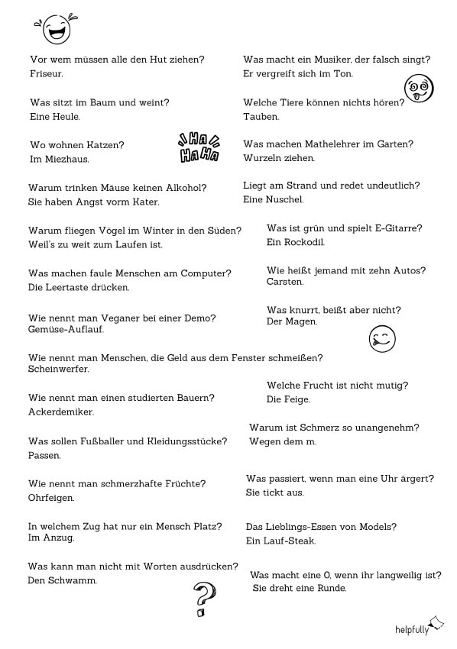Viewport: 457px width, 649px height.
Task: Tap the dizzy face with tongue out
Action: point(418,89)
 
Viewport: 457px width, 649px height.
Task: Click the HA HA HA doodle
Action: point(199,148)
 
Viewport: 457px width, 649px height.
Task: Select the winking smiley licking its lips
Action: point(382,338)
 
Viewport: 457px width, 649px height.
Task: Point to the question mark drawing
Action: point(204,599)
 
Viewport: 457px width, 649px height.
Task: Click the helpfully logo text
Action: point(412,629)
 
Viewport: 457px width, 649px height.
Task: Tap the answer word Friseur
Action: point(46,74)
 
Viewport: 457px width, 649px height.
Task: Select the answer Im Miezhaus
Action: point(60,159)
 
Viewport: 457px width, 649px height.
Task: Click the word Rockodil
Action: point(304,242)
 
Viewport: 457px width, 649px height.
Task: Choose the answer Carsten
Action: point(285,282)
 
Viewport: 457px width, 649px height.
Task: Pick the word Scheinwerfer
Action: point(59,369)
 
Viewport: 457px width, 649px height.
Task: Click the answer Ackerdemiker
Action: point(61,412)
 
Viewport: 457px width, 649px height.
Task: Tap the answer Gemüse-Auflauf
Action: point(66,329)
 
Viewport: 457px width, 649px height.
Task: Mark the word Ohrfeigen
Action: point(51,498)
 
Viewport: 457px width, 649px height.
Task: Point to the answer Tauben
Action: point(261,117)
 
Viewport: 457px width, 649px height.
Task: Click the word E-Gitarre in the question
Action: point(396,228)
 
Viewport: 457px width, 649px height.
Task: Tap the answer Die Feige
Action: point(288,399)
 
